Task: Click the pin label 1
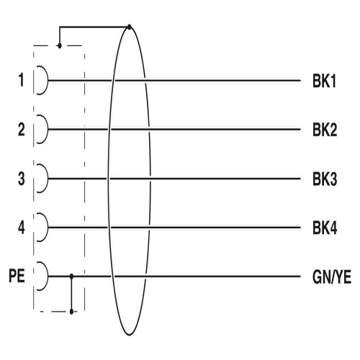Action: pyautogui.click(x=22, y=80)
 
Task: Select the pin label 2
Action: pyautogui.click(x=22, y=130)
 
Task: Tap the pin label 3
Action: pyautogui.click(x=22, y=179)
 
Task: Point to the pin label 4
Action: pyautogui.click(x=22, y=228)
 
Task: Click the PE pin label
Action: pyautogui.click(x=17, y=276)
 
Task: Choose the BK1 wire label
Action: pyautogui.click(x=324, y=81)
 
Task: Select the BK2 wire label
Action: pyautogui.click(x=325, y=130)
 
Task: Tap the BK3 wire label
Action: pyautogui.click(x=325, y=179)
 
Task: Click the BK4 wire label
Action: pyautogui.click(x=325, y=228)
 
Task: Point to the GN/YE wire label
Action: pyautogui.click(x=332, y=277)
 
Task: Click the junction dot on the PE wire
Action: pyautogui.click(x=71, y=276)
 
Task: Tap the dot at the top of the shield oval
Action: pyautogui.click(x=130, y=27)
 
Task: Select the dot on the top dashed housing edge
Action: pyautogui.click(x=60, y=45)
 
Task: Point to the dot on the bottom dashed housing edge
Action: pyautogui.click(x=71, y=312)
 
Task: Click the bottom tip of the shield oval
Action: pyautogui.click(x=130, y=335)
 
